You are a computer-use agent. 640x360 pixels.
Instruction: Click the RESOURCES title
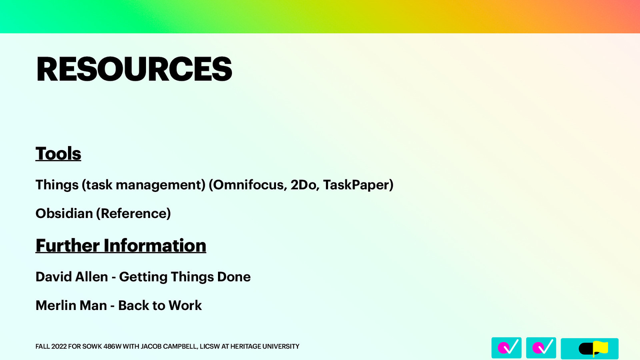click(134, 69)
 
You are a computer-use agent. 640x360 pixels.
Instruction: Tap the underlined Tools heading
click(58, 154)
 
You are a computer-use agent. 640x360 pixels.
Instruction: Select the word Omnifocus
click(248, 185)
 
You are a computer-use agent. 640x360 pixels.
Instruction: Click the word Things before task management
click(57, 185)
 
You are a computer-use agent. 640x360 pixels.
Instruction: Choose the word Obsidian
click(64, 214)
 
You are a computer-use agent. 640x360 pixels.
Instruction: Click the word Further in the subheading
click(68, 246)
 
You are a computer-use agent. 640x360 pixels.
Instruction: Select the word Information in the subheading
click(155, 246)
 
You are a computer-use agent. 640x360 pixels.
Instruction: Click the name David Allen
click(72, 277)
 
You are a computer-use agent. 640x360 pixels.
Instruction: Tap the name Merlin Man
click(71, 306)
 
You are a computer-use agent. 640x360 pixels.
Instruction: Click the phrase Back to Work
click(160, 306)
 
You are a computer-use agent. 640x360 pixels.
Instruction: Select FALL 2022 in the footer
click(51, 346)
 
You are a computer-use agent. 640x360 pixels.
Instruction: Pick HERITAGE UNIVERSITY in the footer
click(265, 346)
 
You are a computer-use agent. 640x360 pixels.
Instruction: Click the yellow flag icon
click(600, 348)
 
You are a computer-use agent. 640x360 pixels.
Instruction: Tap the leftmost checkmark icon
click(506, 348)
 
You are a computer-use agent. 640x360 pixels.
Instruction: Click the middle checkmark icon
click(541, 348)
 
